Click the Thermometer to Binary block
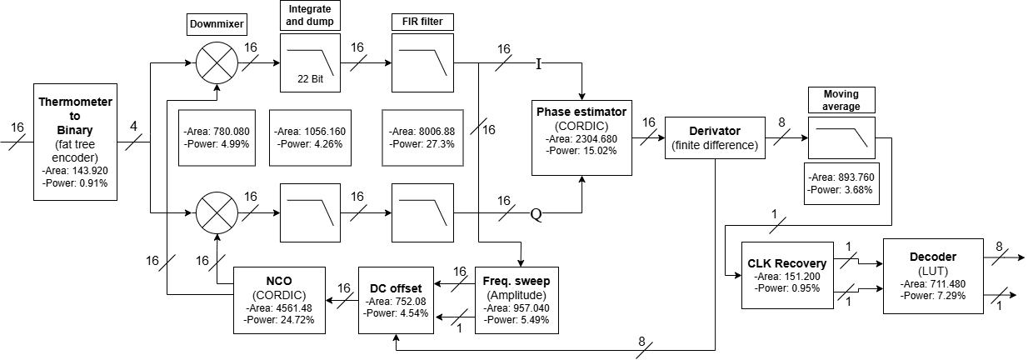(x=75, y=142)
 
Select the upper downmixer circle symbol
(x=217, y=62)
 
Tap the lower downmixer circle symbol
(x=217, y=212)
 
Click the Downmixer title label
(x=217, y=24)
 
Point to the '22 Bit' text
(x=311, y=79)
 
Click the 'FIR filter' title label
(x=422, y=22)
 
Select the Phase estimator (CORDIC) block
(x=581, y=137)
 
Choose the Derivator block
(x=715, y=138)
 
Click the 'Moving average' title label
(x=841, y=100)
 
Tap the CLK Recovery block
(x=787, y=275)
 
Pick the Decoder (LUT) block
(x=933, y=276)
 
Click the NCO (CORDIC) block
(x=279, y=300)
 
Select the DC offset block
(x=396, y=300)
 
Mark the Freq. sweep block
(x=516, y=300)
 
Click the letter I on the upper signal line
(x=538, y=64)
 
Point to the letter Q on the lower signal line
(x=536, y=215)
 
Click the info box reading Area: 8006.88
(x=422, y=137)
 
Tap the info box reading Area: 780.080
(x=217, y=137)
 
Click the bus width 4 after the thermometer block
(x=134, y=126)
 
